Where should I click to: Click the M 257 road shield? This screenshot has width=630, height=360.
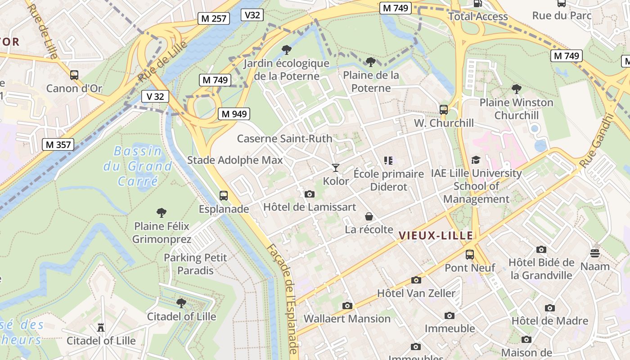[x=214, y=18]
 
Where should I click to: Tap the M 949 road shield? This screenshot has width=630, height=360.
[x=234, y=114]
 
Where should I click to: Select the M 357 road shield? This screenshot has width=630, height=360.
[x=58, y=144]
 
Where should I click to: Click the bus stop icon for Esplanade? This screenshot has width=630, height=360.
[x=224, y=196]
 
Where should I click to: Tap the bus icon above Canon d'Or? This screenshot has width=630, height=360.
[x=74, y=75]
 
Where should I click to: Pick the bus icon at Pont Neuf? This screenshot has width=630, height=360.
[x=470, y=255]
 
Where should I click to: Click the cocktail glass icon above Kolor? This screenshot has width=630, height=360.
[x=336, y=168]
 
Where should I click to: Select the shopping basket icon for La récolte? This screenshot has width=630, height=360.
[x=369, y=216]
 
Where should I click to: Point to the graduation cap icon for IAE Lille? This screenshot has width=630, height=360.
[x=476, y=160]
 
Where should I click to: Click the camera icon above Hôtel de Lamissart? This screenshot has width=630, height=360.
[x=310, y=194]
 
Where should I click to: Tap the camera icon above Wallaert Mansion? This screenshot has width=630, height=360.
[x=347, y=306]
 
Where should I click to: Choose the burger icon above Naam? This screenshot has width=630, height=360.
[x=595, y=253]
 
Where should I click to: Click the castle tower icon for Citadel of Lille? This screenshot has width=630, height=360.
[x=101, y=328]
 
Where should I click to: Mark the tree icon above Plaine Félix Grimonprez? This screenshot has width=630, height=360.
[x=161, y=213]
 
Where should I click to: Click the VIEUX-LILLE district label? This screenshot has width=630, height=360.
[x=436, y=235]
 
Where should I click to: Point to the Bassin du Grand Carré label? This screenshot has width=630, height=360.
[x=138, y=166]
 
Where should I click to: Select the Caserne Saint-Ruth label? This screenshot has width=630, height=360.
[x=284, y=139]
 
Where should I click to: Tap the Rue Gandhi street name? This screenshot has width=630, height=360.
[x=597, y=140]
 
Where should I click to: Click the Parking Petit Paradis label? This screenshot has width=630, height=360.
[x=195, y=264]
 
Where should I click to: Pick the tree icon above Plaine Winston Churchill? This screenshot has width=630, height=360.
[x=517, y=89]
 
